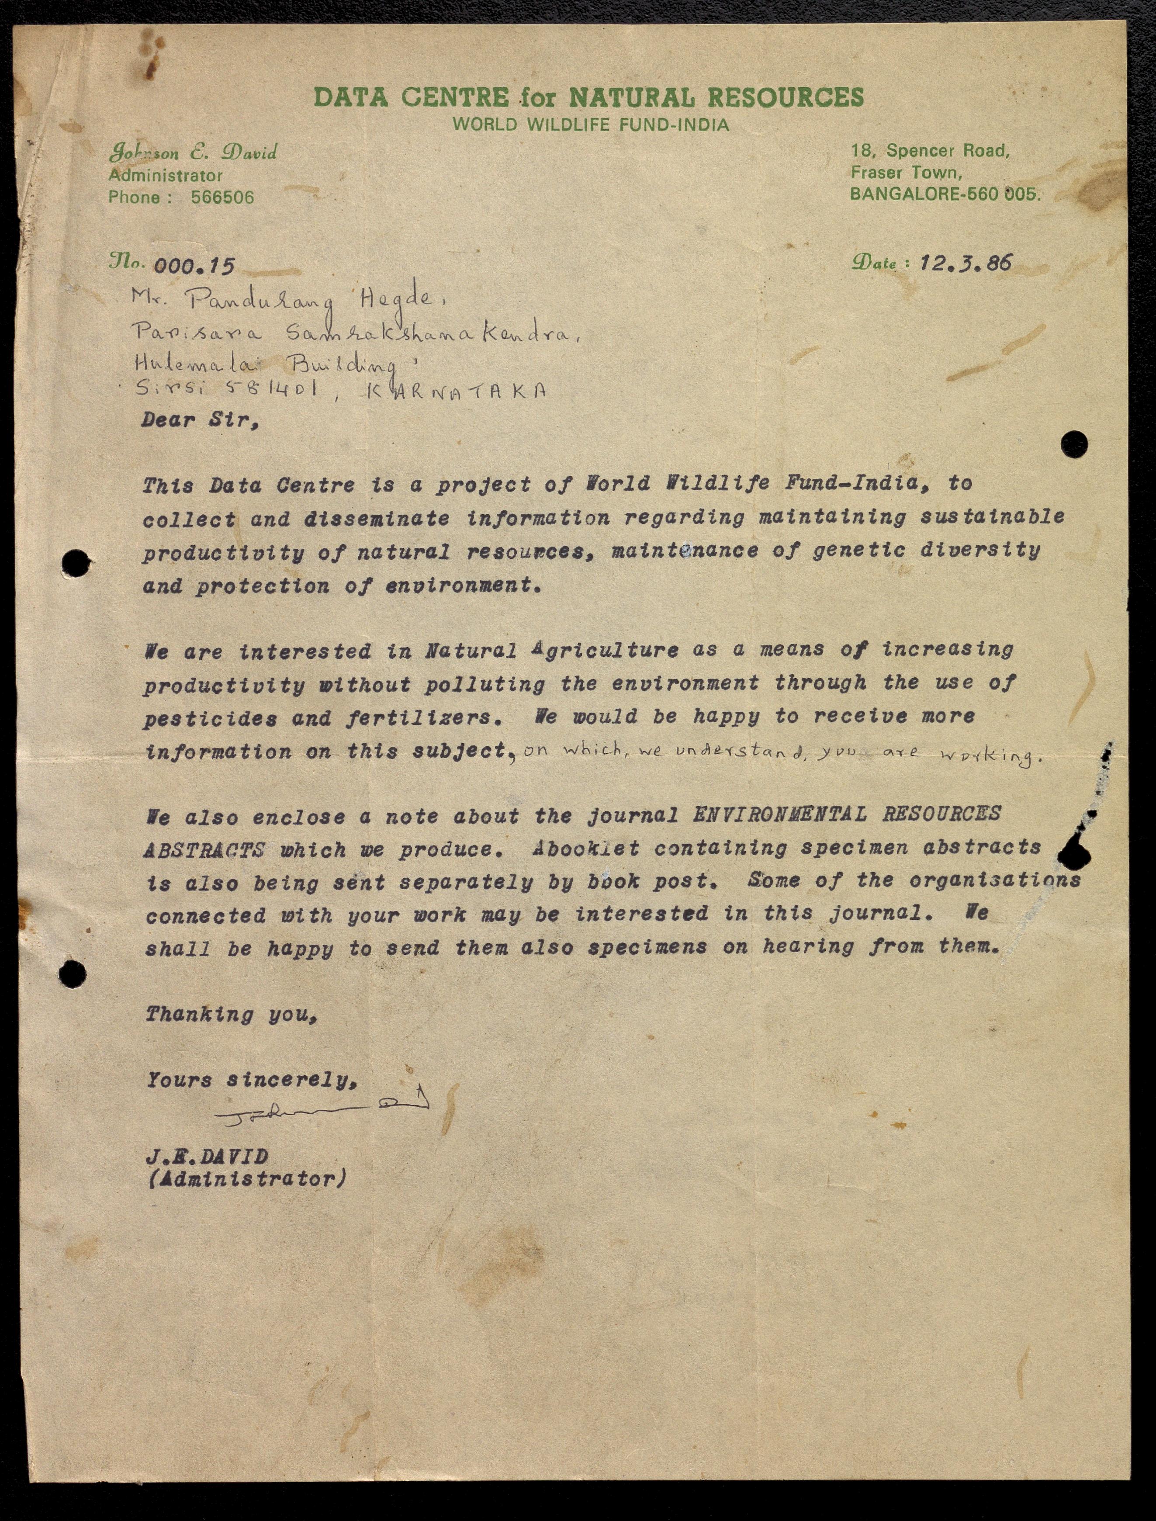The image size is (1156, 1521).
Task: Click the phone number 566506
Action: click(222, 197)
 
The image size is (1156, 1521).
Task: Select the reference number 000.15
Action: click(194, 266)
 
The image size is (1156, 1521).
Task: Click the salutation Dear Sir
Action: click(200, 420)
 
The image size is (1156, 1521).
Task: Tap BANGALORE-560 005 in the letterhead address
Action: click(945, 194)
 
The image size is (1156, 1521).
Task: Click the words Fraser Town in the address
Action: click(906, 172)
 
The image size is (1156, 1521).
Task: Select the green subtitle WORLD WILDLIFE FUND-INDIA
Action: click(590, 125)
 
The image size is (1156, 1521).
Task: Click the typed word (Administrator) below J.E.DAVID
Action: click(246, 1179)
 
